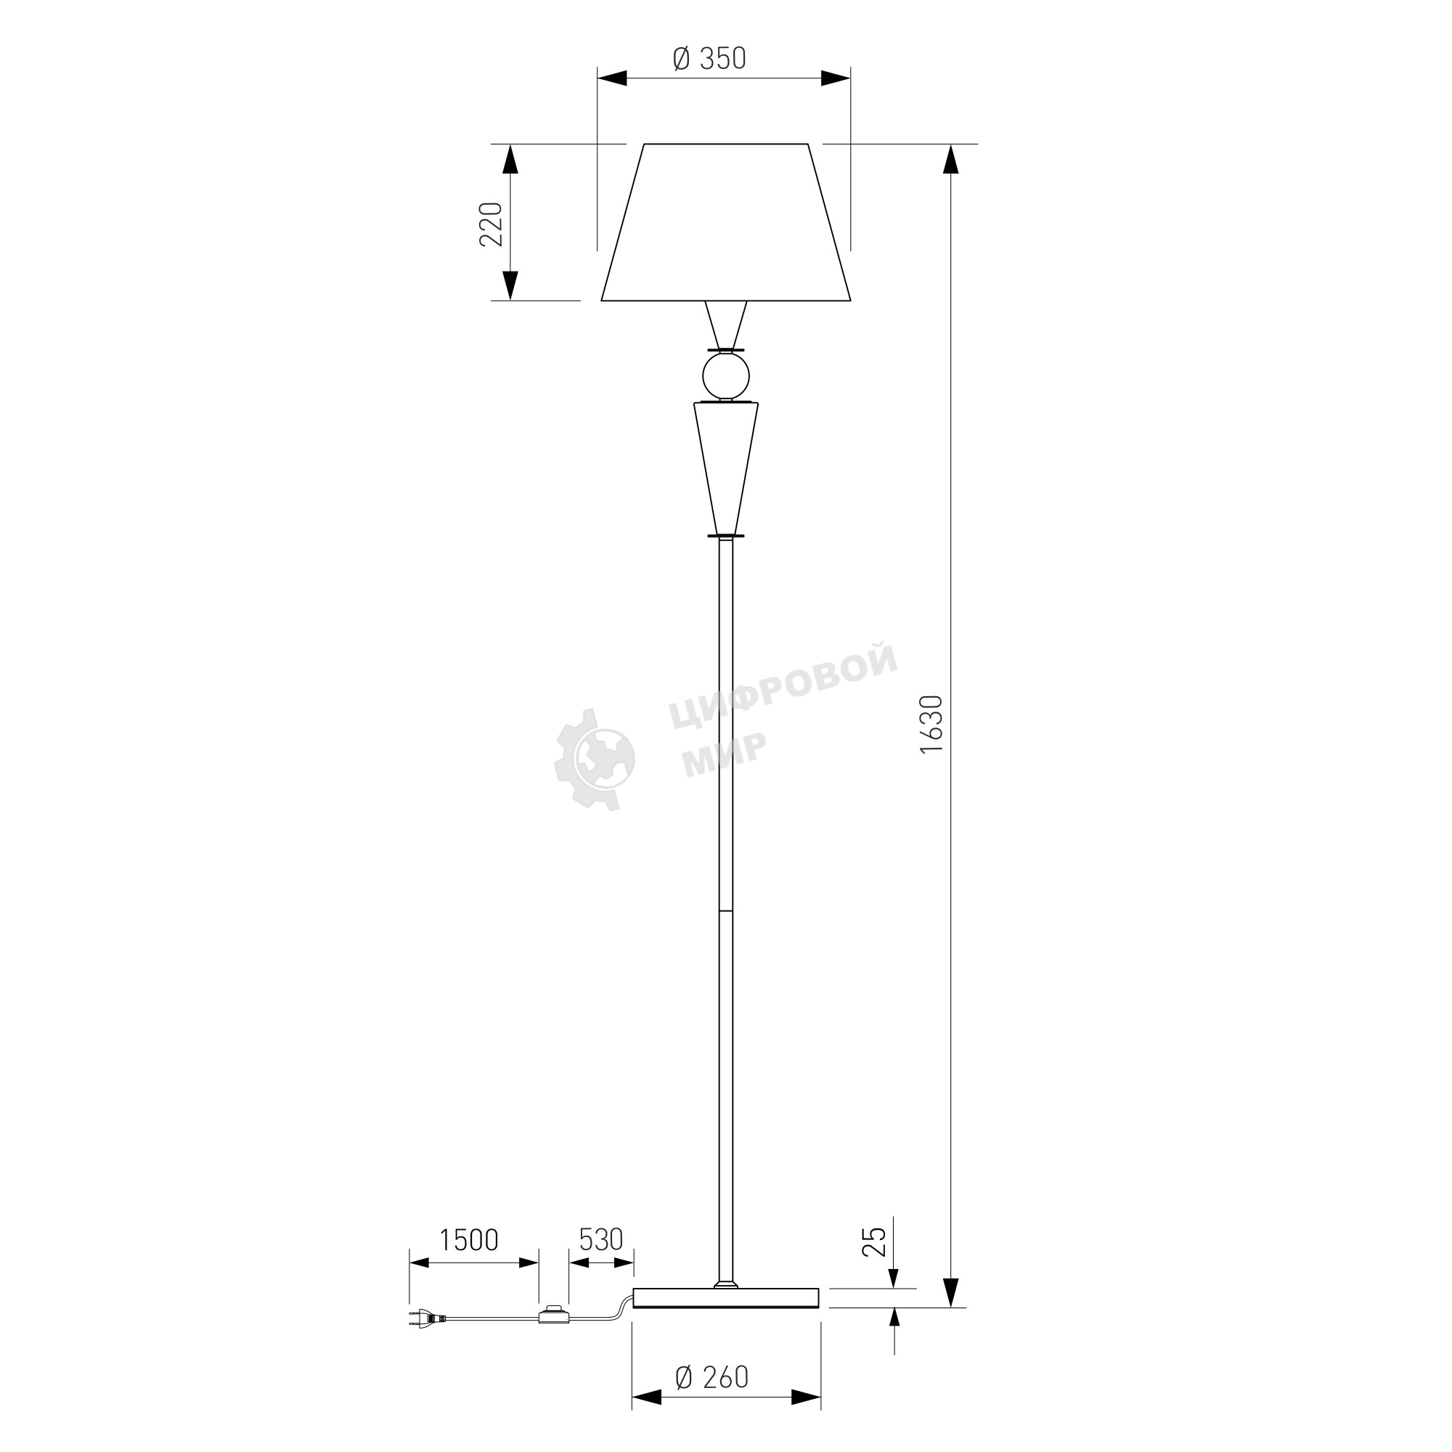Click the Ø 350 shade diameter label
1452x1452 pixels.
tap(709, 59)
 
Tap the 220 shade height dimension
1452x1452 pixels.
tap(491, 224)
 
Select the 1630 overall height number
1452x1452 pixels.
tap(931, 725)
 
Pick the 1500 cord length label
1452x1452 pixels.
tap(468, 1240)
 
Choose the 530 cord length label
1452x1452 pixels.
tap(601, 1240)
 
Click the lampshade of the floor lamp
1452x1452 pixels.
tap(726, 222)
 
